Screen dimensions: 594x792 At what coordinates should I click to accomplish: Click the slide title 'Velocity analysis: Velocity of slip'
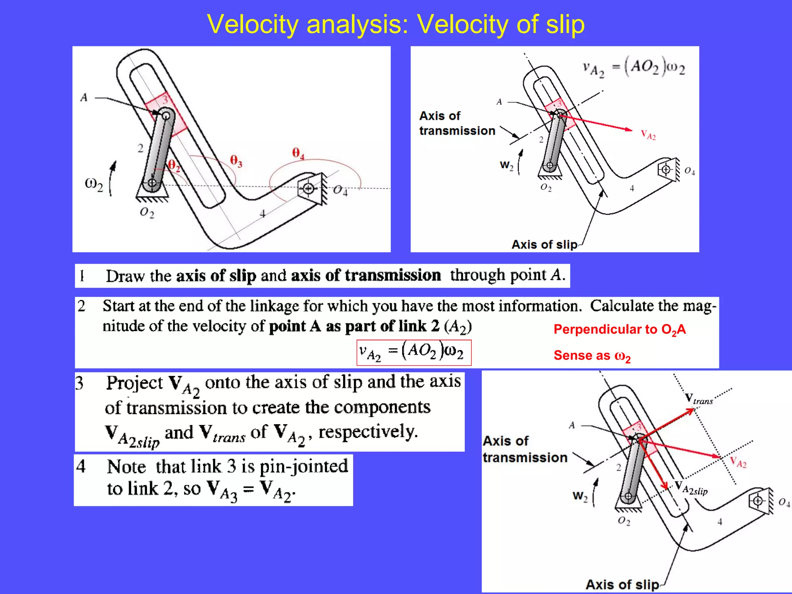[x=396, y=24]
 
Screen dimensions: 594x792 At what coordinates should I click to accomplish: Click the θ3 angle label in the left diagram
[x=236, y=160]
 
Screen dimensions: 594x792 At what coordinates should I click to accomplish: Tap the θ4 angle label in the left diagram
[x=298, y=153]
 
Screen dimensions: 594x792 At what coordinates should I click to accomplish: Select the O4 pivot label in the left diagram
[x=340, y=190]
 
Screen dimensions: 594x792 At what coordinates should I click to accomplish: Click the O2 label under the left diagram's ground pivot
[x=147, y=212]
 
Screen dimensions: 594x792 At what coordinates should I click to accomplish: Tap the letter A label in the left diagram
[x=84, y=97]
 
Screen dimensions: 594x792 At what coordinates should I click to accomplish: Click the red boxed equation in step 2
[x=414, y=352]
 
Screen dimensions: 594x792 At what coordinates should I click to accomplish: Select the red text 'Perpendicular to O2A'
[x=620, y=329]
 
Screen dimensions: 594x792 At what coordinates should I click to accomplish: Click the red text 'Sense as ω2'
[x=592, y=355]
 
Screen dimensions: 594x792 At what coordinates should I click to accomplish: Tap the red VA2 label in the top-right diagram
[x=648, y=135]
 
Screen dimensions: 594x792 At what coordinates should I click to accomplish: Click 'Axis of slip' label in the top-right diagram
[x=544, y=244]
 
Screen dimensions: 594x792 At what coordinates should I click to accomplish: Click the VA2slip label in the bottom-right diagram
[x=691, y=489]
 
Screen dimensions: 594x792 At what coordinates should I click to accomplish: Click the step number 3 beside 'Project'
[x=80, y=383]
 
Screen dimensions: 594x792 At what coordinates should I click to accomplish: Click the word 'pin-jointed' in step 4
[x=304, y=466]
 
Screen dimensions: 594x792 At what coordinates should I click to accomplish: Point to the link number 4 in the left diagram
[x=263, y=213]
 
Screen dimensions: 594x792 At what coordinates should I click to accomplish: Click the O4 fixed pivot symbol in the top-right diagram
[x=666, y=169]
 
